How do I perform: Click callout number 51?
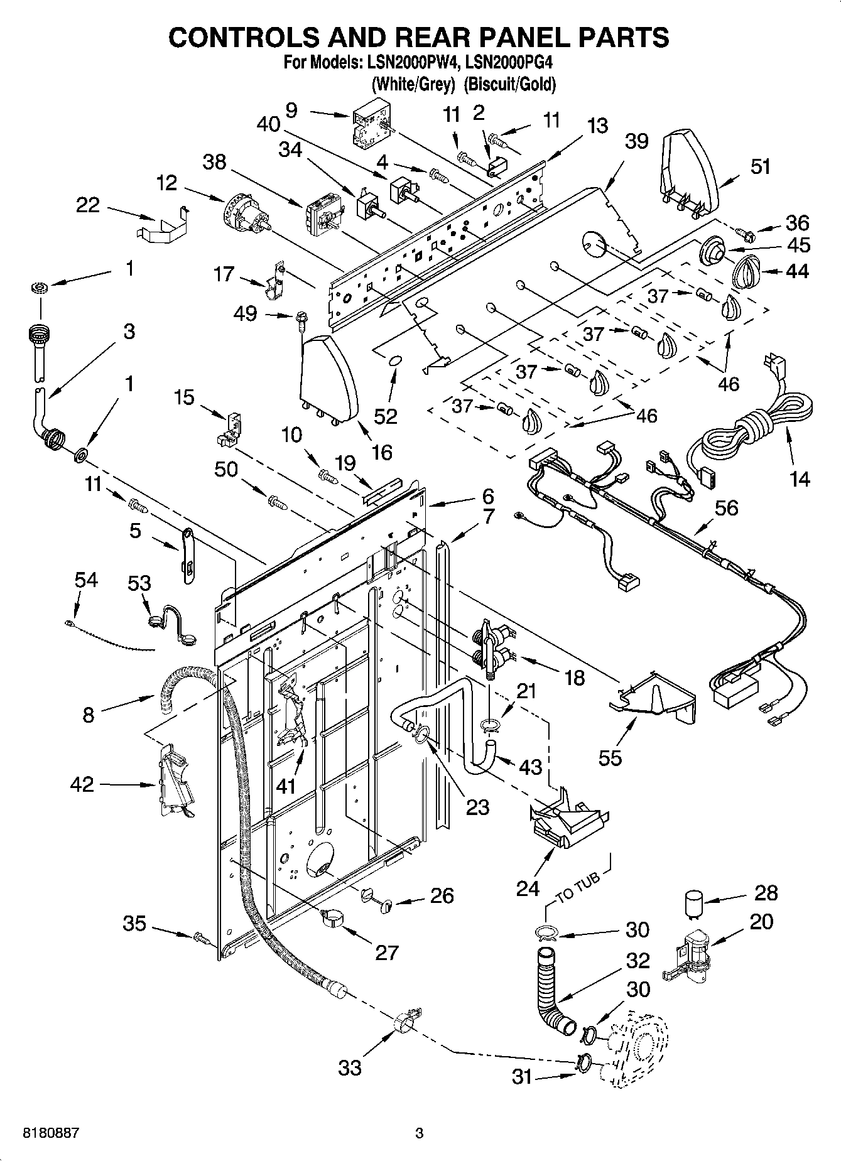point(760,167)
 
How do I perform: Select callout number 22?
point(87,205)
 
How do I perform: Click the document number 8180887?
point(50,1133)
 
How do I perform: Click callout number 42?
point(83,784)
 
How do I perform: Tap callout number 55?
point(609,757)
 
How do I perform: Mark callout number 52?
point(386,415)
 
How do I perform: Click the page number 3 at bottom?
point(420,1133)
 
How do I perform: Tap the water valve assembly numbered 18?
point(493,647)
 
